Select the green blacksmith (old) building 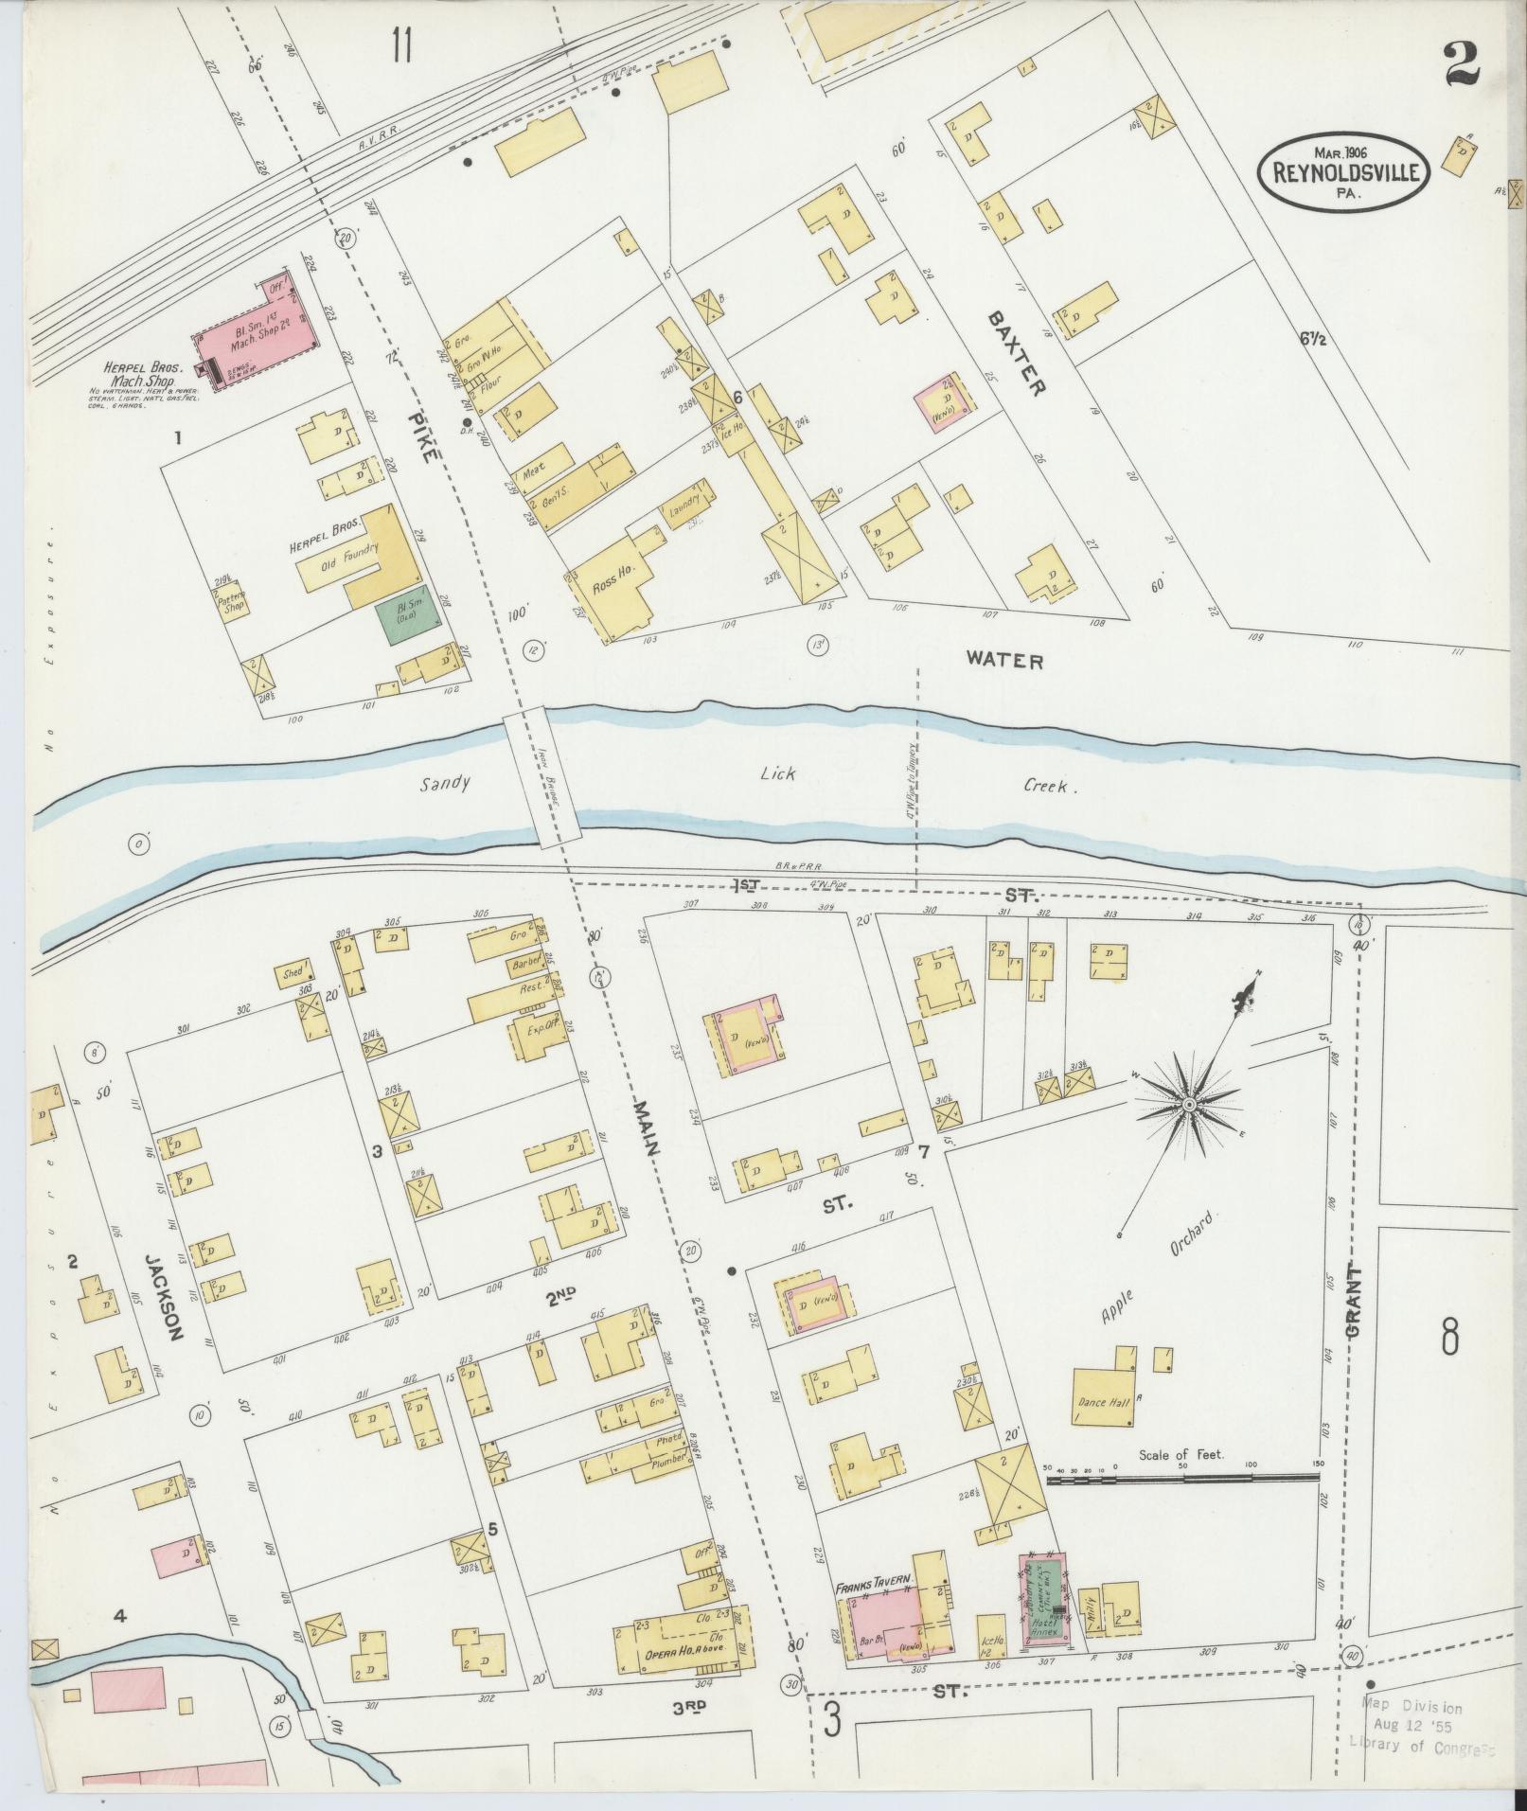pyautogui.click(x=409, y=611)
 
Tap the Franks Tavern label pyautogui.click(x=872, y=1580)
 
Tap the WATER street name pyautogui.click(x=1003, y=661)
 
